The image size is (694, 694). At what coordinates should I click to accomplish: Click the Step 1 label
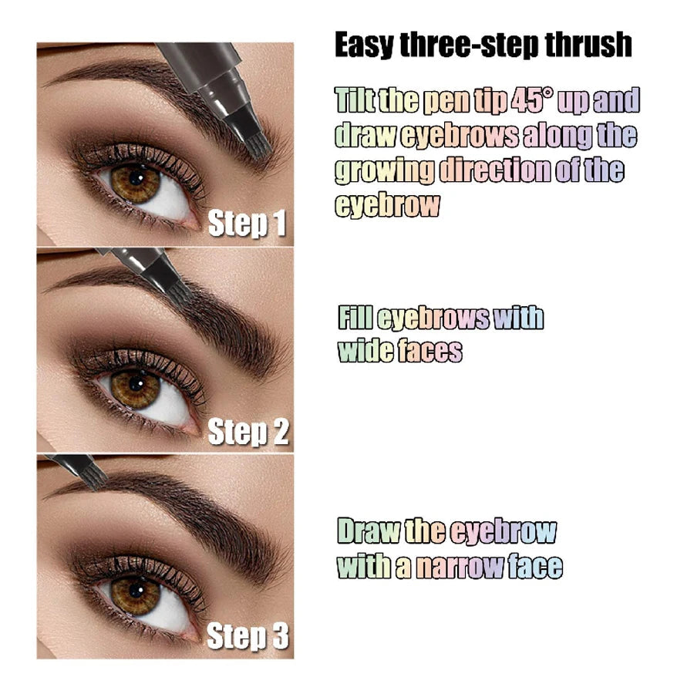(x=247, y=224)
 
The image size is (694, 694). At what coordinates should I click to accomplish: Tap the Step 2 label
(x=248, y=433)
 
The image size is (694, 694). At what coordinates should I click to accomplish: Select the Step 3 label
(x=248, y=637)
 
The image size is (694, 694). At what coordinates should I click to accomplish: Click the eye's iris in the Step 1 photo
(x=135, y=183)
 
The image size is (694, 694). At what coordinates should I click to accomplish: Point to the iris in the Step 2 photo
(x=134, y=388)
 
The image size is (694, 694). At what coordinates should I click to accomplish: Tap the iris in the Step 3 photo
(x=134, y=594)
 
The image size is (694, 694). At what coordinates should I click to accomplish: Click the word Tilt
(x=356, y=101)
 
